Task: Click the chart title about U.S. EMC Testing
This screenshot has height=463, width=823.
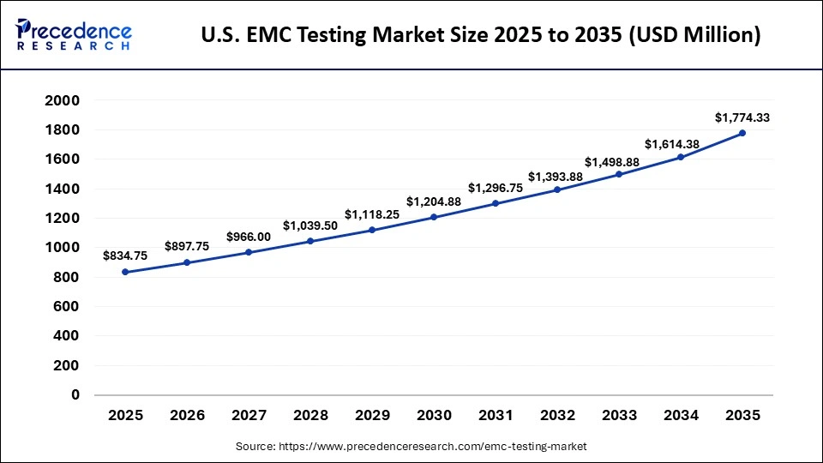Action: point(480,35)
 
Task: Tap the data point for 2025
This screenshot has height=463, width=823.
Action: point(125,272)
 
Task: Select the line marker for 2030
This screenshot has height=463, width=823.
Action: point(434,217)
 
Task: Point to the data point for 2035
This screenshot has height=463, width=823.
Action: point(742,133)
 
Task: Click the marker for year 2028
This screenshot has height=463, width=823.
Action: point(310,241)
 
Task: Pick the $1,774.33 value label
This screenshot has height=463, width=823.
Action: point(742,117)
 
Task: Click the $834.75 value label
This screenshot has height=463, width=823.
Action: point(125,256)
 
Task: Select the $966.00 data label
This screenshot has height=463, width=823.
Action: point(249,237)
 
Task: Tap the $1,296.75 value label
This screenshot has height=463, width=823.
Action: point(496,187)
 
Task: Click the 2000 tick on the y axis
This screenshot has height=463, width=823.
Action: point(63,100)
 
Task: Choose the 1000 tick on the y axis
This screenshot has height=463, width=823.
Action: point(63,248)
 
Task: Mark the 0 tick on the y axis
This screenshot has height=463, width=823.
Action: point(75,395)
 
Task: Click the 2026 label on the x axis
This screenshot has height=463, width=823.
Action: point(187,415)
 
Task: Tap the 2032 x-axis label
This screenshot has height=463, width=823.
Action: point(557,415)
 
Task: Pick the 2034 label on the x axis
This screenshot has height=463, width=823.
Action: point(681,415)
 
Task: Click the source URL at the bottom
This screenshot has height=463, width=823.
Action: point(411,447)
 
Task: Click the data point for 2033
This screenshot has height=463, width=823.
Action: point(619,174)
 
